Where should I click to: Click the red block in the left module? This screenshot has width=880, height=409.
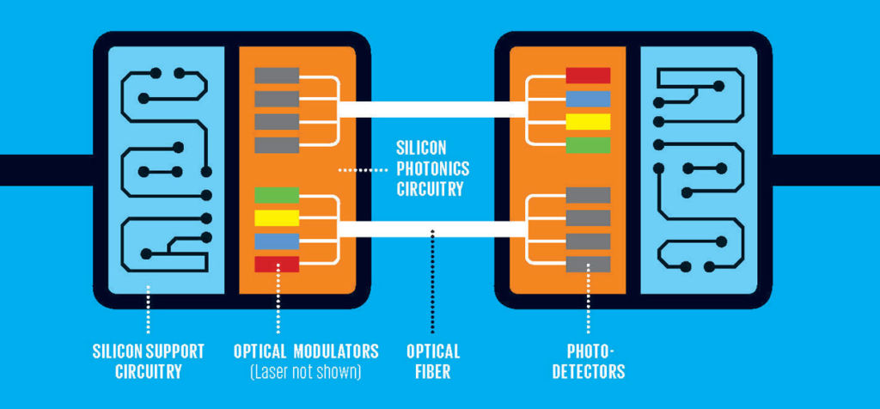tap(277, 265)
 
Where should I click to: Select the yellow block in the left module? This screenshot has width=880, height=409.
tap(277, 218)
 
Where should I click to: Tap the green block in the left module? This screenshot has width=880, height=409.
tap(277, 195)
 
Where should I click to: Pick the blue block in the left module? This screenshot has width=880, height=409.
tap(277, 241)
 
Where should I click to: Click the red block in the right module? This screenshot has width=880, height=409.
tap(588, 76)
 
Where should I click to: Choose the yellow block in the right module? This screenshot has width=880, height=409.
tap(588, 122)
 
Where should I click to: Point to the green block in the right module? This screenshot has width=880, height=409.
tap(588, 145)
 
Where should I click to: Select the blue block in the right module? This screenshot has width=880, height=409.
tap(588, 99)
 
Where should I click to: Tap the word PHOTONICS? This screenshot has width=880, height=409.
tap(433, 168)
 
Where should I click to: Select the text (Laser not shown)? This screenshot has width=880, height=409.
tap(306, 372)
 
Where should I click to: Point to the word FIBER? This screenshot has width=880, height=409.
tap(433, 372)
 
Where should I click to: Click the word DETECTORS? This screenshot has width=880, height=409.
tap(588, 372)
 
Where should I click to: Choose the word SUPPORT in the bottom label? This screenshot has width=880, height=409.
tap(175, 351)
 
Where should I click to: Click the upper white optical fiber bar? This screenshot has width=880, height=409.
tap(432, 109)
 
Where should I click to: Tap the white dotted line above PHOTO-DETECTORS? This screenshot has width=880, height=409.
tap(588, 298)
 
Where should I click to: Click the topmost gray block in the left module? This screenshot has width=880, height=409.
tap(277, 76)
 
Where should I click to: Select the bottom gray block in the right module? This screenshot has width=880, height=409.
tap(588, 265)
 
